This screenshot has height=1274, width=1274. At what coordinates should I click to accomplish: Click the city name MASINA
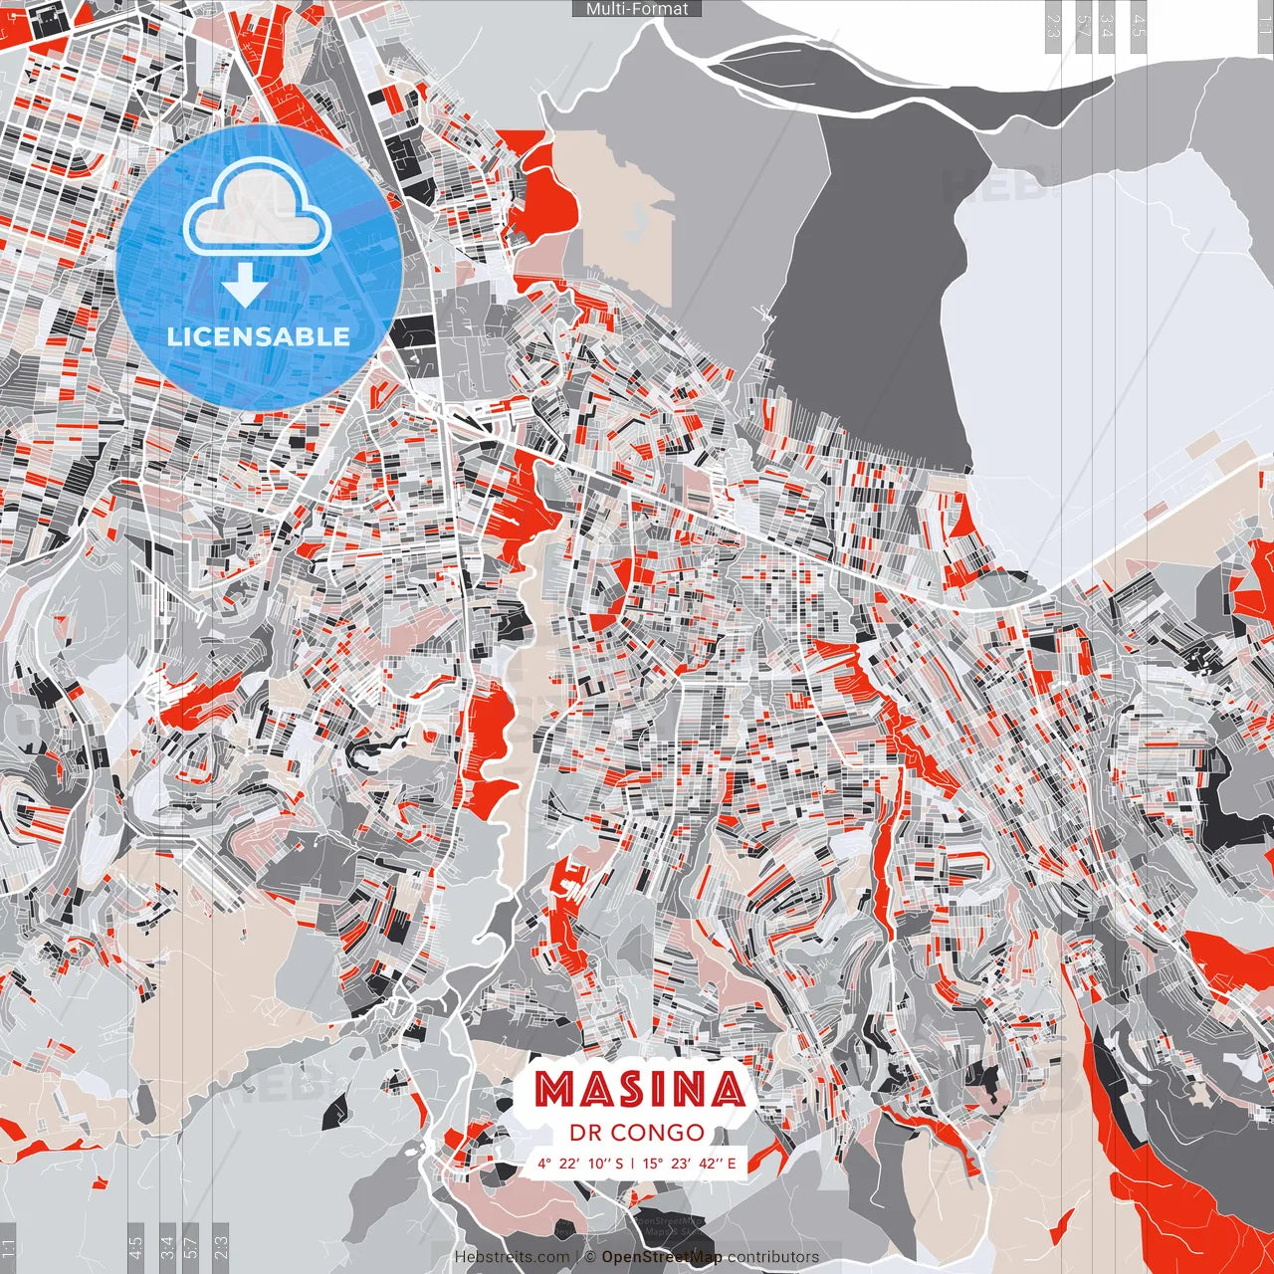[x=640, y=1090]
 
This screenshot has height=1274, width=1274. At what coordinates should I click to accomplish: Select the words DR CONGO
[x=637, y=1133]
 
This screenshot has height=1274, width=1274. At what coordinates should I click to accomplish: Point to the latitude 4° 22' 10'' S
[x=580, y=1163]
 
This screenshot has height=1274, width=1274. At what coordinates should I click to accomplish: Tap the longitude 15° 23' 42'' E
[x=690, y=1163]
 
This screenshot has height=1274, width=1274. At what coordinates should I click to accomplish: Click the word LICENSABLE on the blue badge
[x=258, y=336]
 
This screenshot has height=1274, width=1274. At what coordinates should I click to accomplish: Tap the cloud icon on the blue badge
[x=257, y=207]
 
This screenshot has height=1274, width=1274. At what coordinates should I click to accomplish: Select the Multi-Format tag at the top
[x=637, y=9]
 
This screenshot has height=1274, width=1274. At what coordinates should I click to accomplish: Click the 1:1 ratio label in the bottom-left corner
[x=9, y=1248]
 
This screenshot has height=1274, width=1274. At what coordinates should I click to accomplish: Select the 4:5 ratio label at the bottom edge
[x=135, y=1248]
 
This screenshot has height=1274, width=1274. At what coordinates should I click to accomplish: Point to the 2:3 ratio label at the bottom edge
[x=221, y=1248]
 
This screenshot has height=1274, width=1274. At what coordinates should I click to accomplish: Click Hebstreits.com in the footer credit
[x=513, y=1257]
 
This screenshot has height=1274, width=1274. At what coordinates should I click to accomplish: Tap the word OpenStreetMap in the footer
[x=662, y=1257]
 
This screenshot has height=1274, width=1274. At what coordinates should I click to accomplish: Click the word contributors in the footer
[x=773, y=1257]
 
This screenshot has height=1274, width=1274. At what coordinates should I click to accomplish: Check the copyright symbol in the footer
[x=590, y=1257]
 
